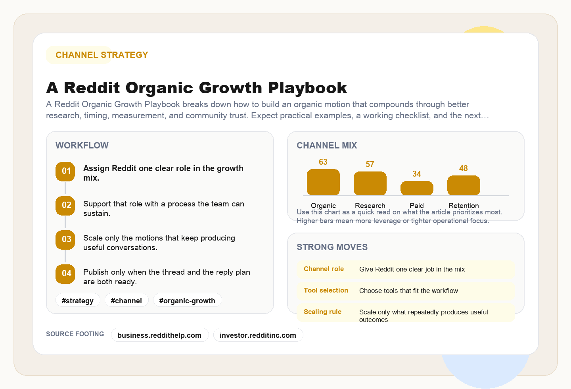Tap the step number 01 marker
[65, 171]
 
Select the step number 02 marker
[65, 206]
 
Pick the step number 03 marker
[65, 240]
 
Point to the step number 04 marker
[65, 274]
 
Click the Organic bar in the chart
[323, 183]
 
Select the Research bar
[370, 184]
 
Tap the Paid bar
[417, 189]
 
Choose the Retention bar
[464, 186]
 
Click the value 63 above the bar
[323, 162]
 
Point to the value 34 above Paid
[417, 174]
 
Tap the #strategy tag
[78, 300]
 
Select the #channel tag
[126, 300]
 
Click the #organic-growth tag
[187, 300]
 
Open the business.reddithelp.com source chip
[159, 335]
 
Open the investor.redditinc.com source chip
[258, 335]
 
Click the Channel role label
[324, 269]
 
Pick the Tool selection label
[326, 291]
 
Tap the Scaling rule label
[322, 312]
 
